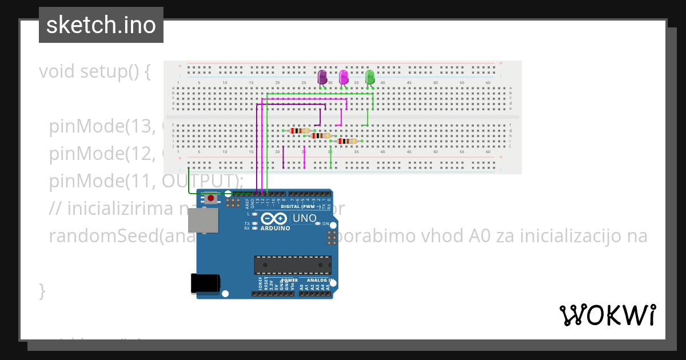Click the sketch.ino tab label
coord(101,25)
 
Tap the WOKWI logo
coord(607,315)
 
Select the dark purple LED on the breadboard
coord(322,77)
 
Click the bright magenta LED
coord(344,77)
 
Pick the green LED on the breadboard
coord(370,77)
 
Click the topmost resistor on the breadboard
coord(299,131)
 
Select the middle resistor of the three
coord(320,136)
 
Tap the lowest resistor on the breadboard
coord(346,141)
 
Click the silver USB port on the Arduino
coord(203,220)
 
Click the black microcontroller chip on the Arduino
coord(292,265)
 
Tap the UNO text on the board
coord(304,218)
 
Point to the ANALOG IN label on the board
coord(319,281)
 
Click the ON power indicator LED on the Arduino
coord(317,223)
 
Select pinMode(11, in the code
coord(102,181)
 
